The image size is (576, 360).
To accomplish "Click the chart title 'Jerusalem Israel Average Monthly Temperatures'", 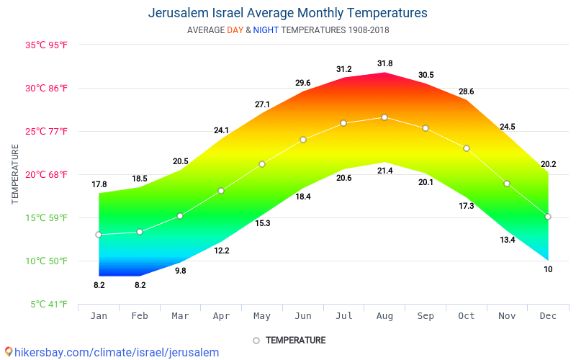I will [x=287, y=13].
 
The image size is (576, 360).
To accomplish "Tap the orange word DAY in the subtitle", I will [x=235, y=30].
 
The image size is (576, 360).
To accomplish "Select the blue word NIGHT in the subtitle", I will [x=266, y=30].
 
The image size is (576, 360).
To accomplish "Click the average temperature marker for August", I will [x=384, y=117].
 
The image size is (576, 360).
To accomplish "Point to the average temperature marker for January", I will [x=99, y=235].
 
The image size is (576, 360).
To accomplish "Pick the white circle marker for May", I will [x=262, y=164].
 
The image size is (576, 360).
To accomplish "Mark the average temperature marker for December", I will [x=548, y=217].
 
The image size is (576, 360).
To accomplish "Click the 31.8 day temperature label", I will [x=384, y=64].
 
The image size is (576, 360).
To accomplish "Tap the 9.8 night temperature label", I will [x=181, y=271].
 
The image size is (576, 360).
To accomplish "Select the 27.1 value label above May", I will [x=262, y=104].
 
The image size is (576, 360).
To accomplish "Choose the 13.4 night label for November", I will [x=508, y=240].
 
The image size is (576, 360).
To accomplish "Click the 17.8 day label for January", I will [x=99, y=184].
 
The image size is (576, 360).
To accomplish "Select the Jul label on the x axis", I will [x=343, y=316].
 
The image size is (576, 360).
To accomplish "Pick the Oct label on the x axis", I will [x=466, y=316].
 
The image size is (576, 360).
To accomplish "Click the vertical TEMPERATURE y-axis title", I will [x=15, y=174].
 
